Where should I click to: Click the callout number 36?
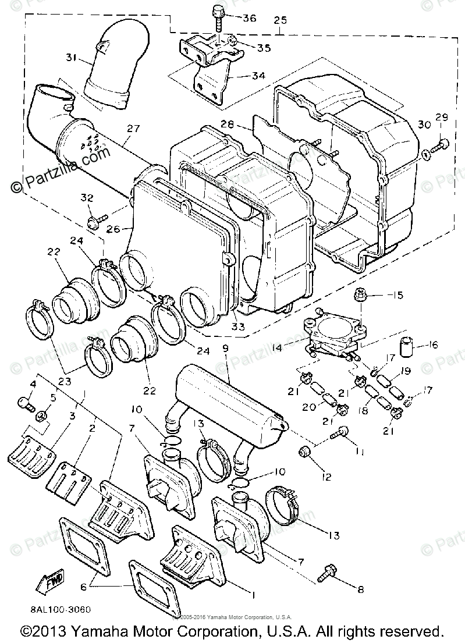tap(249, 18)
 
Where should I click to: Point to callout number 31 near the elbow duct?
tap(70, 58)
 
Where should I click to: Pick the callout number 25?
tap(280, 20)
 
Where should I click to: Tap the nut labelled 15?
tap(360, 296)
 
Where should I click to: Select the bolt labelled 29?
tap(443, 143)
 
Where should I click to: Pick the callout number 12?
tap(325, 477)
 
